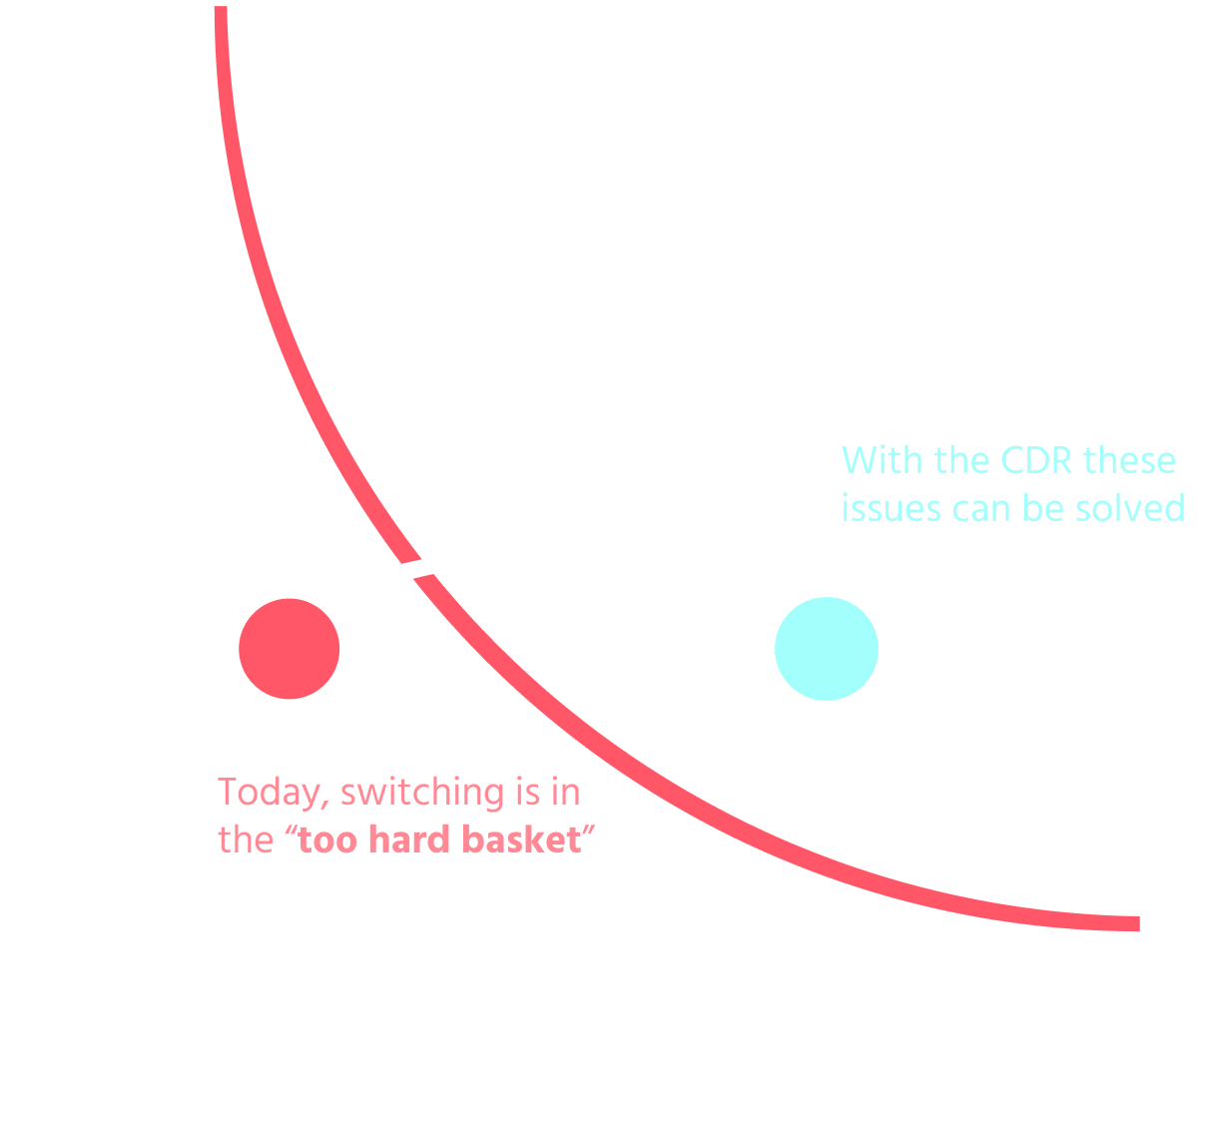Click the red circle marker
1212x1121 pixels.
point(290,649)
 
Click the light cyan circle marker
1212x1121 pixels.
point(827,649)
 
